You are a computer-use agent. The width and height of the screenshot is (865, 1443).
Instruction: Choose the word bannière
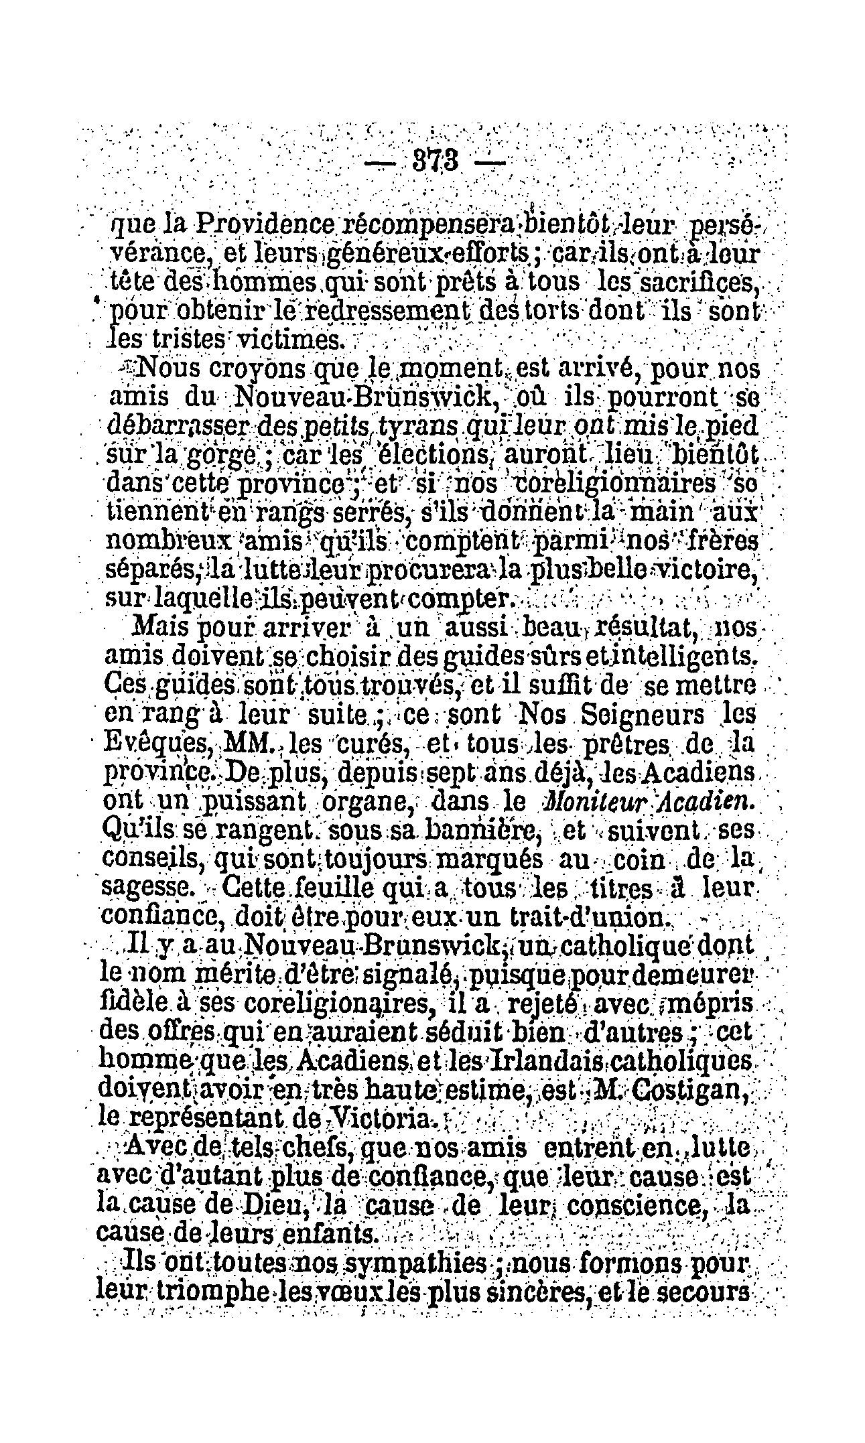pyautogui.click(x=492, y=830)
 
